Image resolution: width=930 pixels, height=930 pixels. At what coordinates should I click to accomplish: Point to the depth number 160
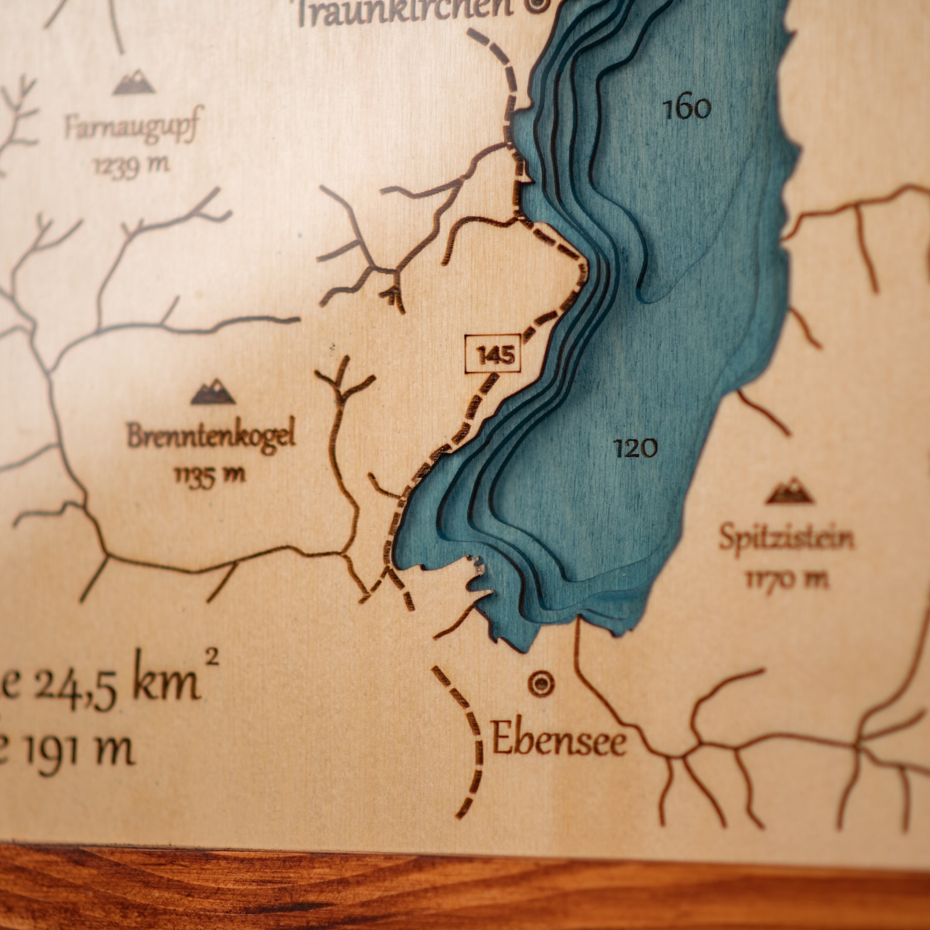[x=687, y=108]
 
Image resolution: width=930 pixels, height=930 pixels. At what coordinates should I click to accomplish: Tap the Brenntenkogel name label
[x=211, y=436]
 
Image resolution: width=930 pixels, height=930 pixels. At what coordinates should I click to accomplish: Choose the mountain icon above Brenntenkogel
[x=213, y=392]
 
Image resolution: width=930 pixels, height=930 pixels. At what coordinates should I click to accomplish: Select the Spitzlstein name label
[x=787, y=538]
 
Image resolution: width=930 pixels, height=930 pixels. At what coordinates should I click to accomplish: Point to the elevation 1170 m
[x=787, y=580]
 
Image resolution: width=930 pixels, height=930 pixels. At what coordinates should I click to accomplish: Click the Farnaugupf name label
[x=132, y=128]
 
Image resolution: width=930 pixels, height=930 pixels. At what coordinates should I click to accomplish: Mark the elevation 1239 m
[x=132, y=166]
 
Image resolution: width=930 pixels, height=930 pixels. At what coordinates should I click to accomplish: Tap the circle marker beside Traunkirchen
[x=537, y=5]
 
